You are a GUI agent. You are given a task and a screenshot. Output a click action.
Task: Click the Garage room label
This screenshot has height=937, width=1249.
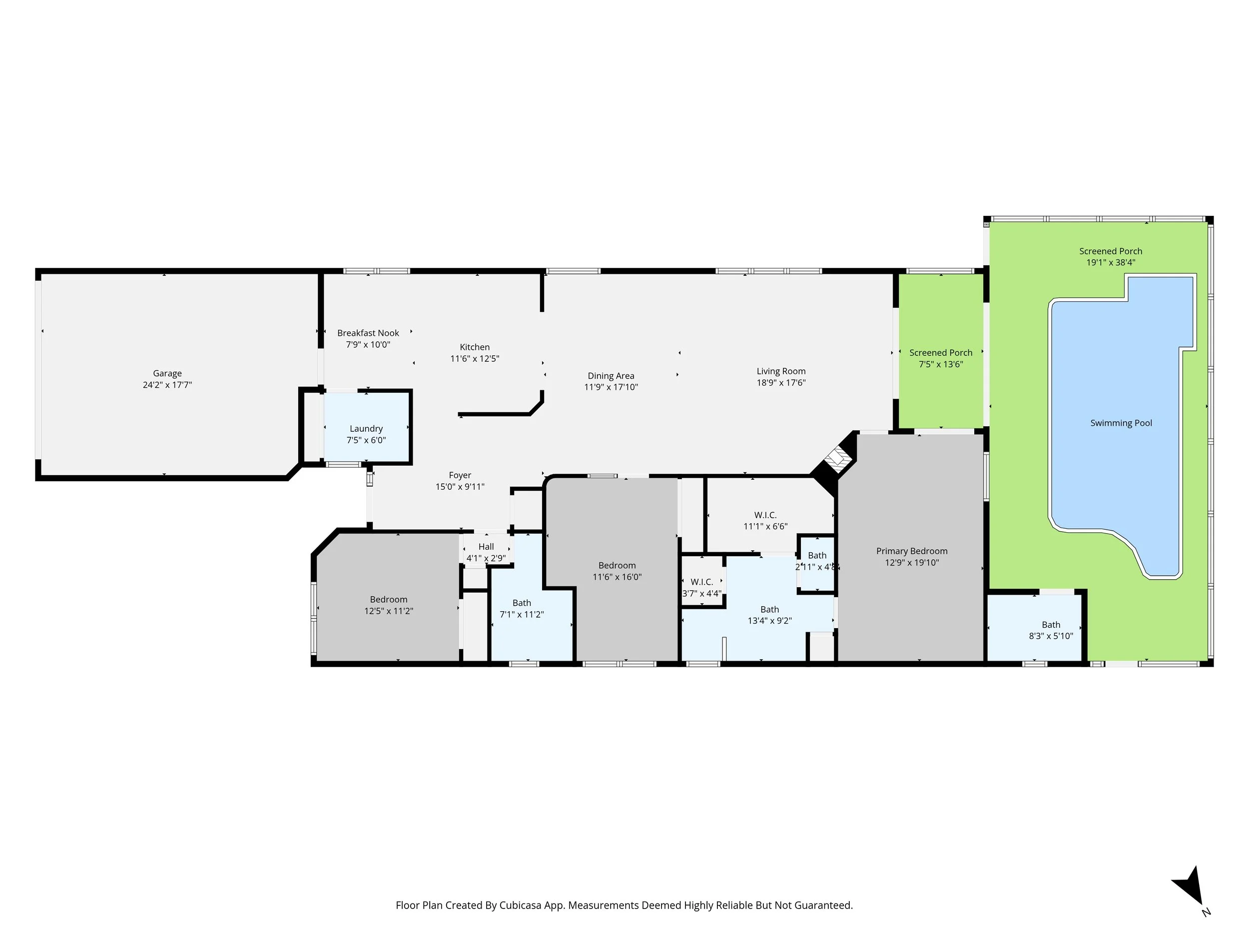(x=167, y=373)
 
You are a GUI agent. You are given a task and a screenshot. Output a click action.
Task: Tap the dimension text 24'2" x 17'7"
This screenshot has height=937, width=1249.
(x=167, y=385)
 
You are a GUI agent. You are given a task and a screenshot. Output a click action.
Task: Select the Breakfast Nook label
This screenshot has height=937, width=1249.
(x=368, y=333)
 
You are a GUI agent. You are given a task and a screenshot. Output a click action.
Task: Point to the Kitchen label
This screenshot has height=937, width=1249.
(x=475, y=347)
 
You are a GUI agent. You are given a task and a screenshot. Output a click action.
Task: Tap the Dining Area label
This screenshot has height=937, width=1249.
(x=611, y=376)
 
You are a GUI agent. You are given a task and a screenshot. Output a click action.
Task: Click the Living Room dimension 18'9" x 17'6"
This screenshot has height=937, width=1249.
(x=781, y=383)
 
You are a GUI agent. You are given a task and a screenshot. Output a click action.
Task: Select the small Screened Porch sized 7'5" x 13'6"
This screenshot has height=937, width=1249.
(x=941, y=351)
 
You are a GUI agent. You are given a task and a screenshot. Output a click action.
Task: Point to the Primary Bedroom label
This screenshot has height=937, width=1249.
(x=912, y=551)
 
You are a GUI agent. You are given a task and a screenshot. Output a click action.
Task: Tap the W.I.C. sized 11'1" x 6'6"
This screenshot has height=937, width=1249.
(x=766, y=515)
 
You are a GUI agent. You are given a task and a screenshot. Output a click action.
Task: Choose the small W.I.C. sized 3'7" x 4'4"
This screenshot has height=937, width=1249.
(x=702, y=582)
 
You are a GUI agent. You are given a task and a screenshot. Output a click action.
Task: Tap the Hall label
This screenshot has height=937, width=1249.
(x=486, y=547)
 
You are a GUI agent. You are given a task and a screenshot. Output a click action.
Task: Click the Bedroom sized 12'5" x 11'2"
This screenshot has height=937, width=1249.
(x=389, y=599)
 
